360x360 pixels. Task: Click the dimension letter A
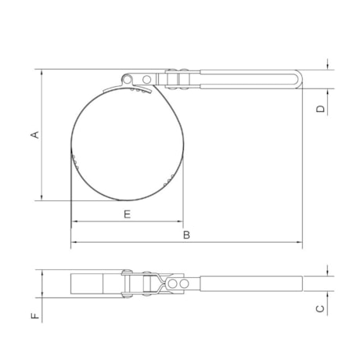pyautogui.click(x=34, y=135)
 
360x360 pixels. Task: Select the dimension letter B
pyautogui.click(x=186, y=234)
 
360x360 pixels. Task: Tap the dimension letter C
pyautogui.click(x=320, y=308)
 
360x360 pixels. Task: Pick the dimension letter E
pyautogui.click(x=126, y=213)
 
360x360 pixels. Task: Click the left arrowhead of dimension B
pyautogui.click(x=74, y=243)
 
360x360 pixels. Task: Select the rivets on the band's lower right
pyautogui.click(x=167, y=179)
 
